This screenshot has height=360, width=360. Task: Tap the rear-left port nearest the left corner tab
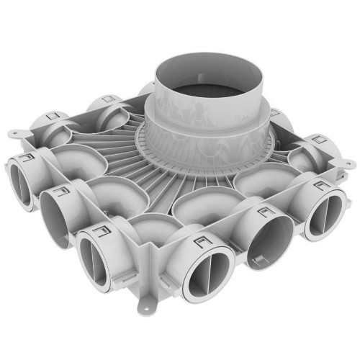[54, 126]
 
